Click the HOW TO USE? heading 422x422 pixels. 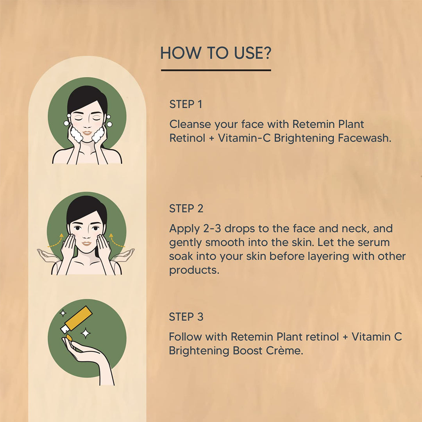click(216, 53)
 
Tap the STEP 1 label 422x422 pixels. click(186, 104)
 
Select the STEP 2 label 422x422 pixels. click(186, 209)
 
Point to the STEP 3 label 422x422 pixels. click(186, 317)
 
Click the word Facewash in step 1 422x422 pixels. click(365, 138)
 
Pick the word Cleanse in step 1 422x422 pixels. click(190, 124)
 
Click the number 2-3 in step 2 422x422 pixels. click(212, 229)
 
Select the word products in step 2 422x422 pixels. click(194, 270)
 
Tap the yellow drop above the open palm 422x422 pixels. click(69, 337)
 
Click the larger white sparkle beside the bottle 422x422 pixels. click(86, 333)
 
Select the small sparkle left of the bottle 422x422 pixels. click(63, 313)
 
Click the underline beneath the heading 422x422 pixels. click(216, 70)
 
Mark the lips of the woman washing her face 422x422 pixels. click(87, 133)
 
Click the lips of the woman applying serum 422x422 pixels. click(86, 243)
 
